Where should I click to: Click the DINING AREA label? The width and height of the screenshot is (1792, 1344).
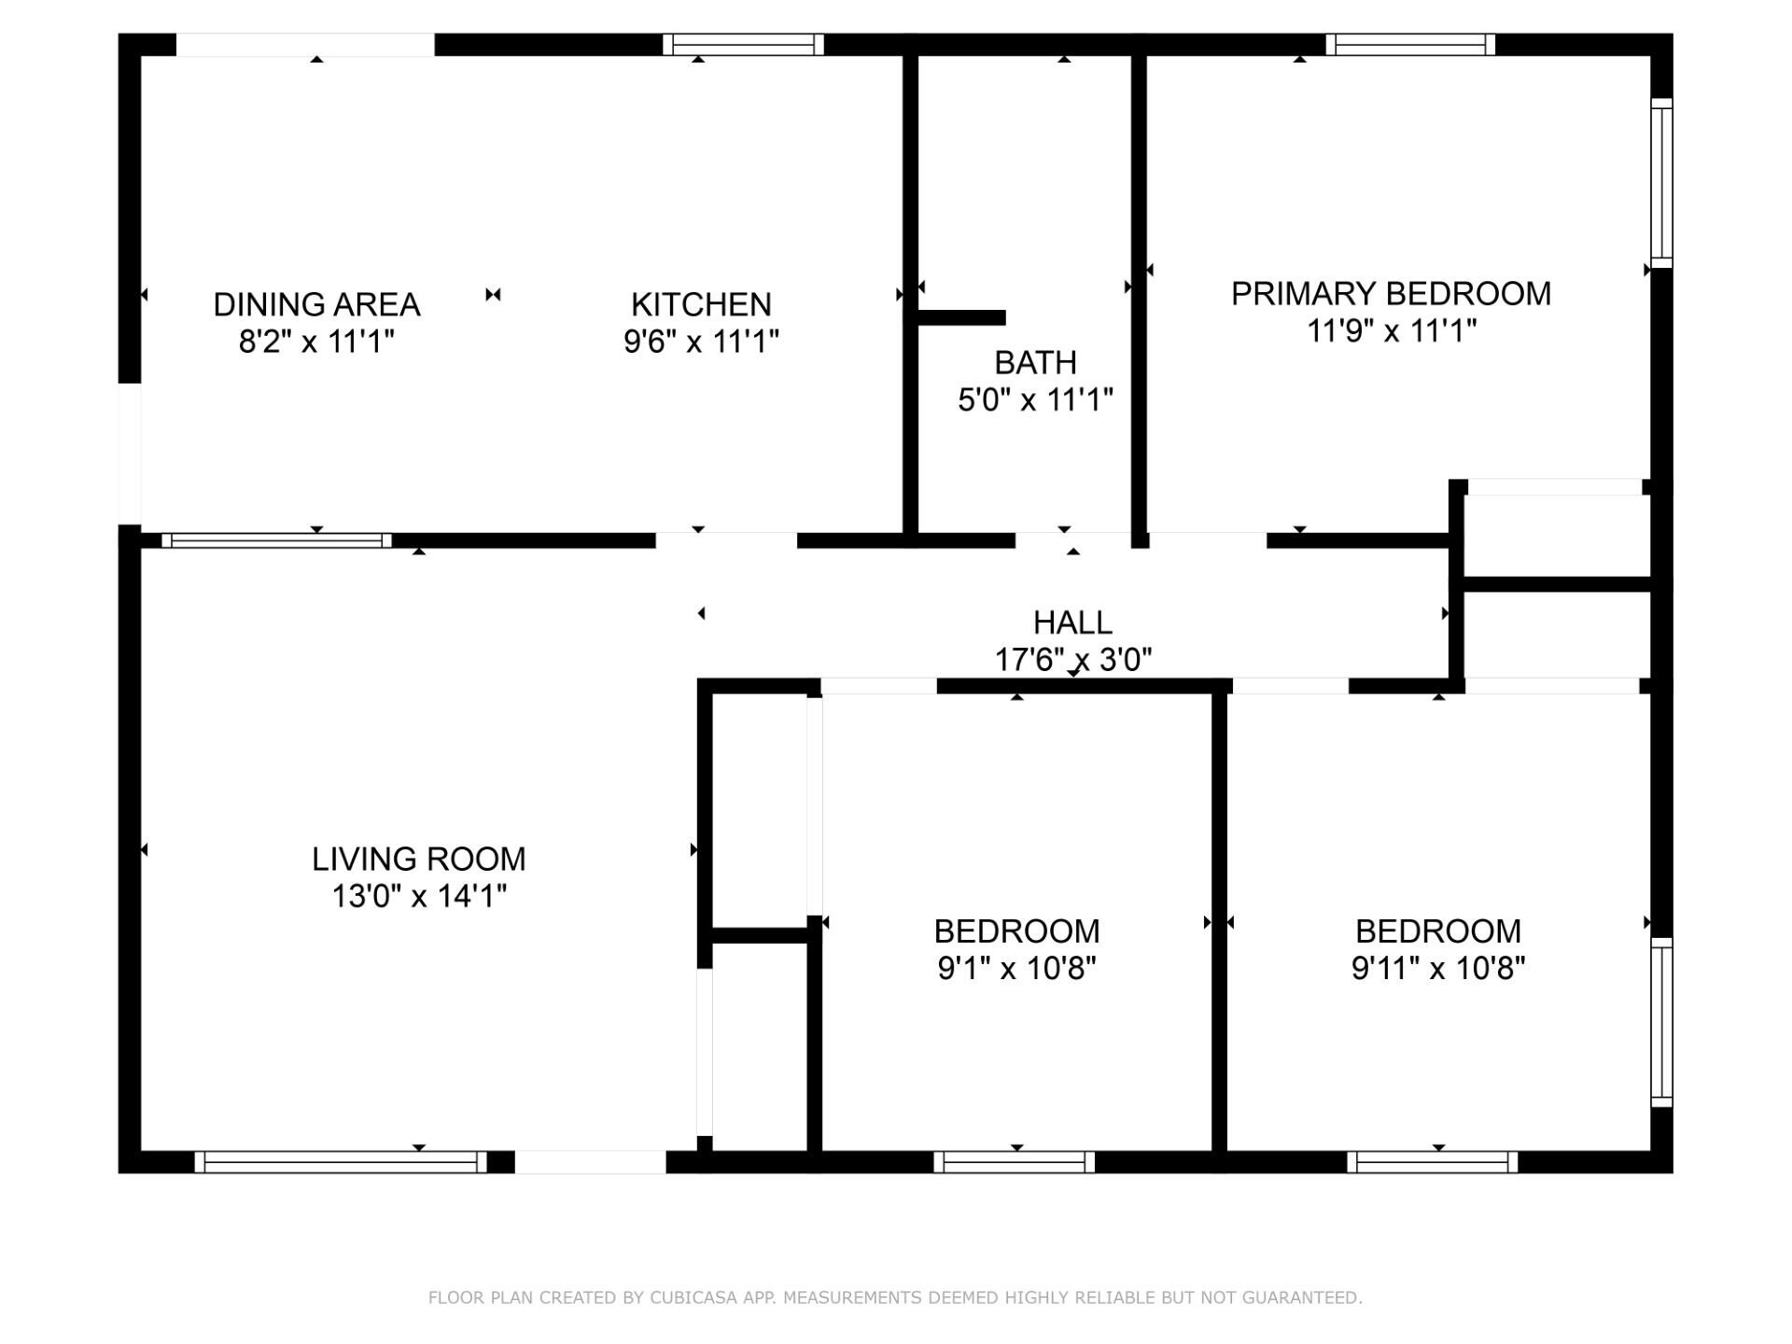pos(316,304)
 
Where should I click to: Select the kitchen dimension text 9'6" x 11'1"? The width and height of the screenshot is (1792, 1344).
pos(701,342)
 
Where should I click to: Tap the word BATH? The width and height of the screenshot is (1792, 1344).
pos(1035,362)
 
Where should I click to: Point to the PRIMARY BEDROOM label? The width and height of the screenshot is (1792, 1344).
pos(1391,293)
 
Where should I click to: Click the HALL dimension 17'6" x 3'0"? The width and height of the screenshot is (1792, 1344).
pos(1072,660)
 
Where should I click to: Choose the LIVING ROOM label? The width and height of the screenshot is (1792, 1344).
pos(418,859)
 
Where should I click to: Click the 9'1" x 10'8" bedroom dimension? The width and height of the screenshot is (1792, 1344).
pos(1016,969)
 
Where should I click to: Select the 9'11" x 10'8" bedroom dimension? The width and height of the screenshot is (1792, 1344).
pos(1438,969)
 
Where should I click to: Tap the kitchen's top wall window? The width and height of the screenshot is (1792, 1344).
pos(743,44)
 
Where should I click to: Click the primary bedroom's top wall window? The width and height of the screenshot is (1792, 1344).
pos(1410,44)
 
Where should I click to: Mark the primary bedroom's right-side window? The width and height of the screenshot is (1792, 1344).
pos(1661,183)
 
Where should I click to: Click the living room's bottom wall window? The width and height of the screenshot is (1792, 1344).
pos(341,1162)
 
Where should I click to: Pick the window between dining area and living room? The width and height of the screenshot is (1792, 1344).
pos(276,540)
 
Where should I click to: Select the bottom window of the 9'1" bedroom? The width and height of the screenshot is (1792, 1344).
pos(1015,1162)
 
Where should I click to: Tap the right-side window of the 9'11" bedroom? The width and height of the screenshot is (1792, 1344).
pos(1661,1022)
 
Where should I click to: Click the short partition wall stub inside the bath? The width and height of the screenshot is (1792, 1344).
pos(961,317)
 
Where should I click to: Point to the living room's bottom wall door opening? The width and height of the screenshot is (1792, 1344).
pos(590,1162)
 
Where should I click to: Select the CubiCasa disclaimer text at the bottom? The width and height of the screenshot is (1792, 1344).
pos(895,1297)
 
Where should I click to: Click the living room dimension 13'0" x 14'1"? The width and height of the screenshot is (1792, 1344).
pos(418,897)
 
